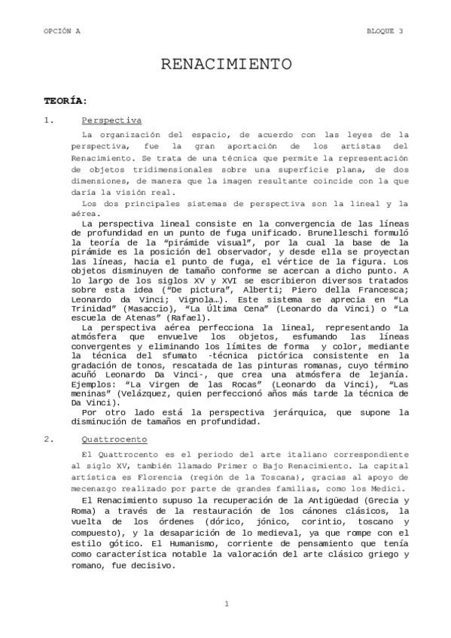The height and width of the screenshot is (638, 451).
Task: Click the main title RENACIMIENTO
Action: point(226,65)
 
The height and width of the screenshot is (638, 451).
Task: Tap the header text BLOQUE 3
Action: point(384,31)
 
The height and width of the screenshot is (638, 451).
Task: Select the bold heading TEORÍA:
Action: point(66,100)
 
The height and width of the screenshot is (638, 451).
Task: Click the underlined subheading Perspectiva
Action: point(111,120)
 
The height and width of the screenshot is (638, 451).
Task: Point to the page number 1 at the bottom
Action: point(226,604)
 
